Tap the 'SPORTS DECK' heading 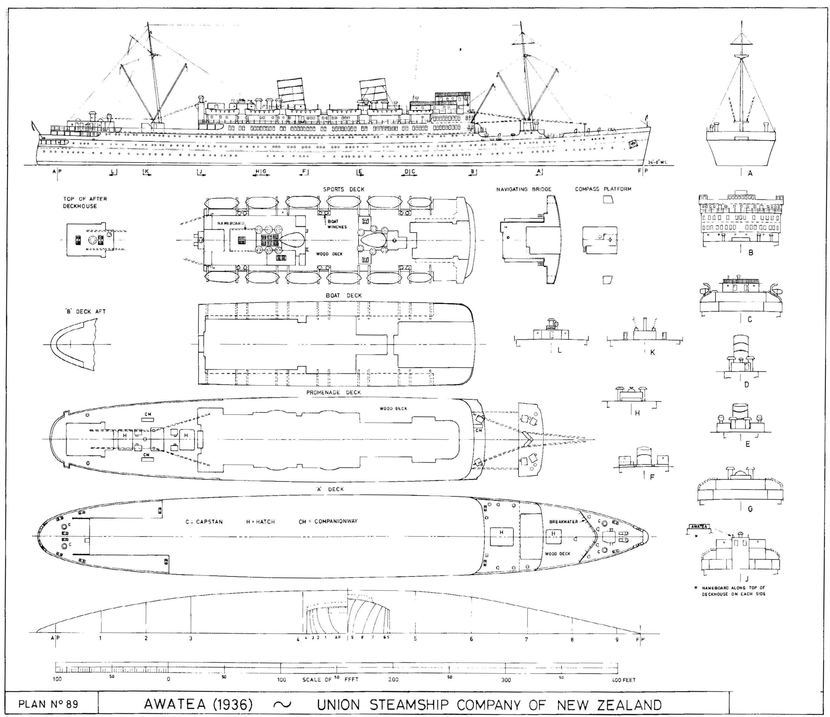pyautogui.click(x=344, y=189)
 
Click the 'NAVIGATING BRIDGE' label pyautogui.click(x=524, y=189)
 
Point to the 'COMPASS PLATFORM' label pyautogui.click(x=603, y=189)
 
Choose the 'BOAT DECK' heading pyautogui.click(x=344, y=295)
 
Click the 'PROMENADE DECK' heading pyautogui.click(x=333, y=392)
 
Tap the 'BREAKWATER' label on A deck pyautogui.click(x=563, y=522)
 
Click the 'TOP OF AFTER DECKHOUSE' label pyautogui.click(x=85, y=202)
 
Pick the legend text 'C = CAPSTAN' pyautogui.click(x=204, y=522)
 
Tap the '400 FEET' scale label pyautogui.click(x=623, y=680)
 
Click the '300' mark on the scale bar pyautogui.click(x=506, y=680)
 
